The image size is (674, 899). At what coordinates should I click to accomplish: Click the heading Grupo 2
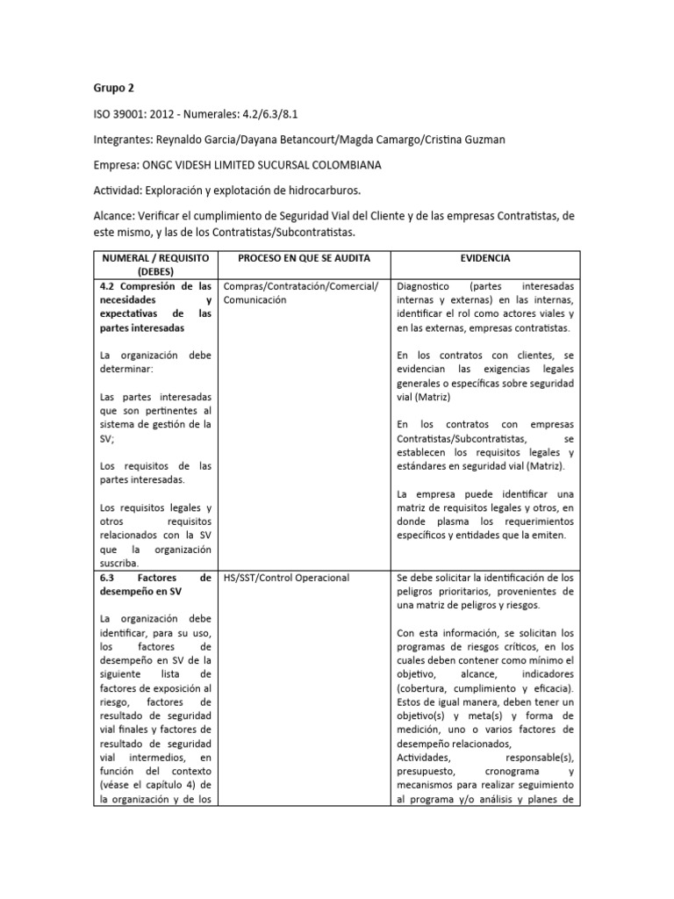[115, 88]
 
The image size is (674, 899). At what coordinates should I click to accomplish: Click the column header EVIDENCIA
[484, 259]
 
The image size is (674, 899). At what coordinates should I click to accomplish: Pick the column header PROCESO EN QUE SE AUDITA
[304, 259]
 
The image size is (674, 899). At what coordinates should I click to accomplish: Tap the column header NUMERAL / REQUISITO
[154, 259]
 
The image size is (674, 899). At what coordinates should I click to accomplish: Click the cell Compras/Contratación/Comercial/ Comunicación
[301, 293]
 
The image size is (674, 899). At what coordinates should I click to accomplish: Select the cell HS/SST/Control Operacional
[286, 577]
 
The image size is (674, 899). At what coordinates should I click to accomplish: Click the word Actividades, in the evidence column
[425, 756]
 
